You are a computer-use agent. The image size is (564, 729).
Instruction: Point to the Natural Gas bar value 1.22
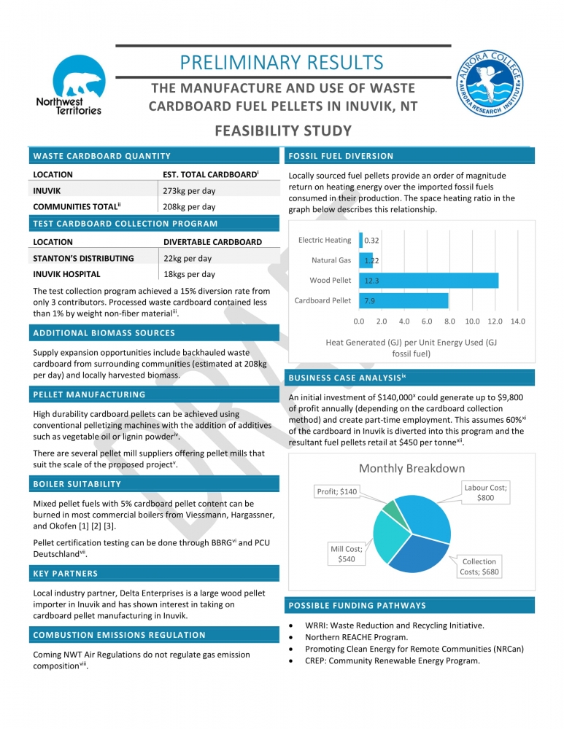[371, 260]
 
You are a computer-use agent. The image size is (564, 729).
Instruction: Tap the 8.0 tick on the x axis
[449, 321]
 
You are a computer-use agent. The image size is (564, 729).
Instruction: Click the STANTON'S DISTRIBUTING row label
[84, 258]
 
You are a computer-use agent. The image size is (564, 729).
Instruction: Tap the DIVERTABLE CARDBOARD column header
[212, 242]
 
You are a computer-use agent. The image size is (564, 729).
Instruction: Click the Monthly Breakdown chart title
[412, 468]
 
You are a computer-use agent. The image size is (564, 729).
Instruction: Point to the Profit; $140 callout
[337, 491]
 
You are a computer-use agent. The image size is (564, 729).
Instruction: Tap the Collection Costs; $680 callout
[479, 566]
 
